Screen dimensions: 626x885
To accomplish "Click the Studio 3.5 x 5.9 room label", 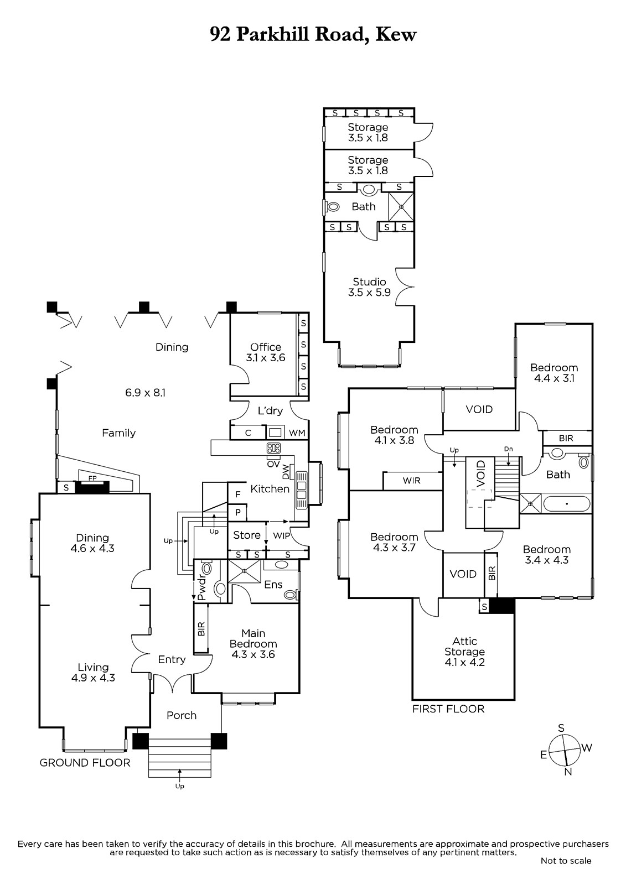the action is pos(369,287).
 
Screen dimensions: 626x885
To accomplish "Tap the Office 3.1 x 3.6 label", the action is pos(265,352).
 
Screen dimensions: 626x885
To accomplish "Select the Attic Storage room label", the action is pos(464,652).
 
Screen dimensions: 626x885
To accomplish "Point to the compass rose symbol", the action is pos(566,749).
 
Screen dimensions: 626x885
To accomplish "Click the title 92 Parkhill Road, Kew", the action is pos(313,35).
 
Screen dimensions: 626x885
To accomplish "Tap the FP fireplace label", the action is pos(92,478).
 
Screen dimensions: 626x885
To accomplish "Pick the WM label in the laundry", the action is pos(297,433).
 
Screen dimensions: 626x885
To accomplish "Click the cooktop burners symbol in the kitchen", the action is pos(273,448).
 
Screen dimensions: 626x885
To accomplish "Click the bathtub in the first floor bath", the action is pos(567,504).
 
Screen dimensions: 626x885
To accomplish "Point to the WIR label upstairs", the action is pos(411,481).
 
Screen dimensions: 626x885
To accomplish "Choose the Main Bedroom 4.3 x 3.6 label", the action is pos(253,644).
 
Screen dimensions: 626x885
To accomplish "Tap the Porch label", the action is pos(182,715).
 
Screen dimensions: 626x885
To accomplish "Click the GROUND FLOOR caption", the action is pos(85,763).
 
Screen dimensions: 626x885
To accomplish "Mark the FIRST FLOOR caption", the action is pos(448,709).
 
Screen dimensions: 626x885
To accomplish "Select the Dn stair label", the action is pos(509,449).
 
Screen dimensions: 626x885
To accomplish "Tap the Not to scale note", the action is pos(566,868).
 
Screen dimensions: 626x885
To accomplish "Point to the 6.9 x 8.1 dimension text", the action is pos(145,393).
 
